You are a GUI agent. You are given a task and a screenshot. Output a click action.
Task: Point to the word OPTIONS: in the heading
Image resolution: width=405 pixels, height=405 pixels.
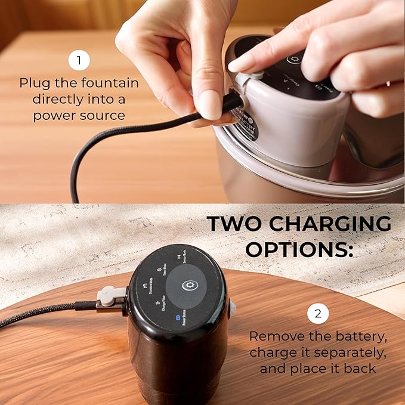click(298, 249)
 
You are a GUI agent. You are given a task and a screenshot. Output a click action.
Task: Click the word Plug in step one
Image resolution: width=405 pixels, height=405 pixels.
click(33, 83)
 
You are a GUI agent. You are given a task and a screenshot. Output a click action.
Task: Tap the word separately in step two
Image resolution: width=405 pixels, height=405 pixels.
click(349, 353)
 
